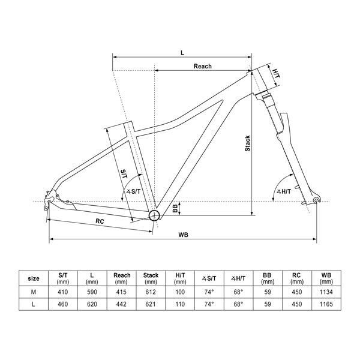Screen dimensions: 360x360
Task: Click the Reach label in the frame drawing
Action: coord(202,66)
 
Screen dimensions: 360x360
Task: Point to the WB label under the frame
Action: coord(184,235)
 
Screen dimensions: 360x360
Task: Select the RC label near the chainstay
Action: coord(101,221)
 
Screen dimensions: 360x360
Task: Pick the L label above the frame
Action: coord(182,52)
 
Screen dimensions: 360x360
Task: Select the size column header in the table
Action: coord(34,278)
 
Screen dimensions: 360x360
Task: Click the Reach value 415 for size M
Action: coord(122,292)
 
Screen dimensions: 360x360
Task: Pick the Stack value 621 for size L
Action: coord(151,305)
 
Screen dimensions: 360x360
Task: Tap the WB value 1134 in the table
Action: coord(326,292)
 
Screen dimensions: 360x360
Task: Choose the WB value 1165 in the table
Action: coord(326,305)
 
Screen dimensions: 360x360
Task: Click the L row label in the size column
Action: coord(34,305)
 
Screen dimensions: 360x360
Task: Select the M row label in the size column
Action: coord(34,292)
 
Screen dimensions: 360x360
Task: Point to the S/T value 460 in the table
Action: coord(64,305)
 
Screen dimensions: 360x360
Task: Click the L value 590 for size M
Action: coord(92,292)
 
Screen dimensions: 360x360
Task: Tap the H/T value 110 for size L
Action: coord(180,305)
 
